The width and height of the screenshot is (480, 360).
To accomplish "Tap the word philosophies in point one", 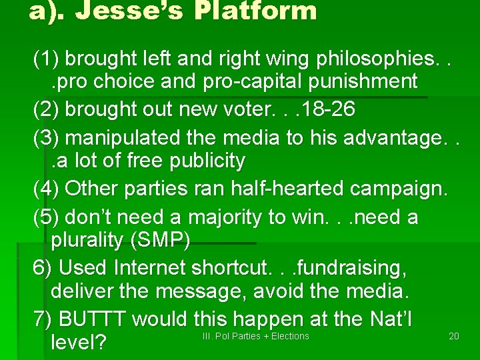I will pos(374,59).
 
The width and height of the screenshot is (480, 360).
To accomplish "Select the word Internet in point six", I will pos(151,268).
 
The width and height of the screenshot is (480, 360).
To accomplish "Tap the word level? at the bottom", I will pos(79,343).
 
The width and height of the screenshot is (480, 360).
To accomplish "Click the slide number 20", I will pos(454,336).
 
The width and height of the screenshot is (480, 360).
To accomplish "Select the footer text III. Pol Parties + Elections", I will pos(255,336).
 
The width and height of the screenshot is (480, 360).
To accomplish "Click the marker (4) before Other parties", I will pos(45,189).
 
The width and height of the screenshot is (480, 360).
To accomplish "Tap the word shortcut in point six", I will pos(230,268).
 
